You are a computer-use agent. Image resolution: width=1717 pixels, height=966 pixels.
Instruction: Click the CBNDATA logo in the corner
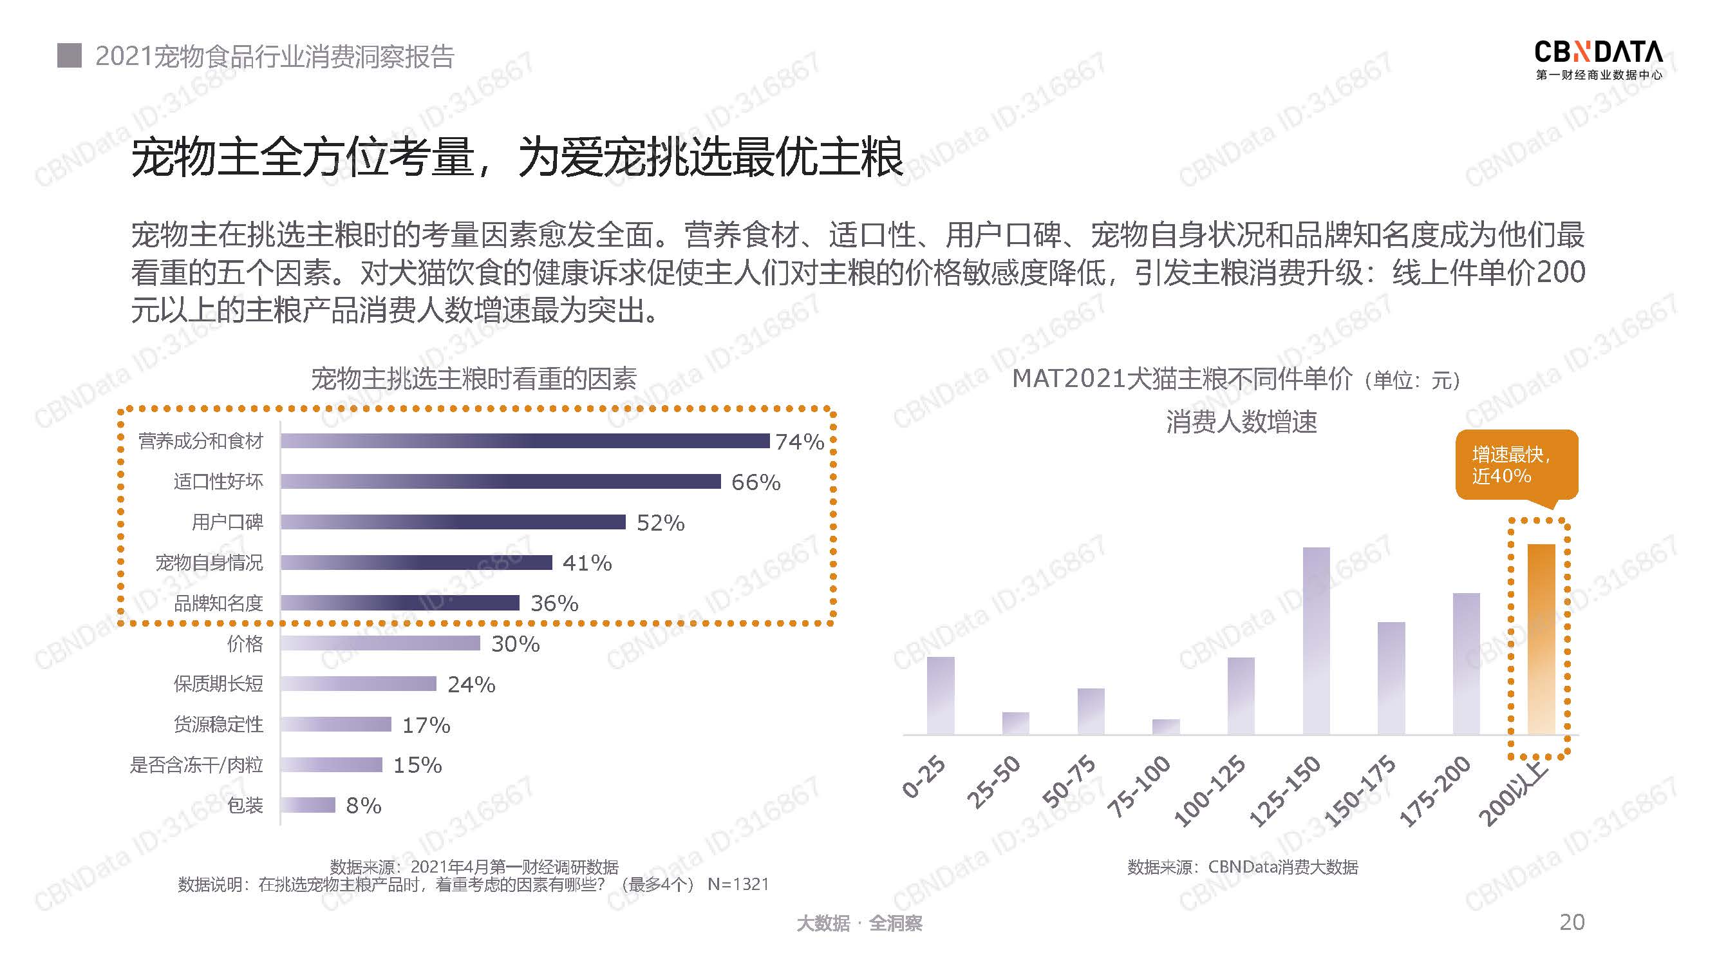[1599, 60]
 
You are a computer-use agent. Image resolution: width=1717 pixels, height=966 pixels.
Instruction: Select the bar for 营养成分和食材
[525, 440]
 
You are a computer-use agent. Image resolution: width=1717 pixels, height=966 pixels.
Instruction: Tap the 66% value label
[755, 482]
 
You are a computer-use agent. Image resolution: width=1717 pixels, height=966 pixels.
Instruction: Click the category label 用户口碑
[227, 522]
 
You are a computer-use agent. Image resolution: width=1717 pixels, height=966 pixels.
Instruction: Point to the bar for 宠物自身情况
[416, 563]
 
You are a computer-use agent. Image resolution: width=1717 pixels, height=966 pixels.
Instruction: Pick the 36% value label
[554, 603]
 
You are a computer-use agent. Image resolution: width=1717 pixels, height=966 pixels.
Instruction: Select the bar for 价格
[380, 643]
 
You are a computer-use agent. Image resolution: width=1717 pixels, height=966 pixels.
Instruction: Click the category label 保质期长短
[218, 684]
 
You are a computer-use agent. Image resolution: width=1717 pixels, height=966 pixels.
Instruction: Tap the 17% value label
[426, 725]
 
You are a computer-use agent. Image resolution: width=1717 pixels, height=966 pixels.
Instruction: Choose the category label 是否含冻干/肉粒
[196, 764]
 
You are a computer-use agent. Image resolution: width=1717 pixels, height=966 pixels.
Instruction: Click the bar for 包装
[307, 806]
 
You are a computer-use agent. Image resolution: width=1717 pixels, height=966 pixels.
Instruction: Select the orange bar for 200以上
[1541, 639]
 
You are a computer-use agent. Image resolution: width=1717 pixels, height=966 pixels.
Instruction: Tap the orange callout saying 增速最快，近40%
[1515, 466]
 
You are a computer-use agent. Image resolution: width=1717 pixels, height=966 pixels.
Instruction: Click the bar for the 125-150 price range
[1316, 641]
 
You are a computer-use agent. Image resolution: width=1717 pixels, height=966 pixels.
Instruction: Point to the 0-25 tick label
[924, 777]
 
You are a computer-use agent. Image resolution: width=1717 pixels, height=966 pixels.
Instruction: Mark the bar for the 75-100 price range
[1166, 726]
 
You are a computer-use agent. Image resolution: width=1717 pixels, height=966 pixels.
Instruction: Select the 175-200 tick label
[1434, 792]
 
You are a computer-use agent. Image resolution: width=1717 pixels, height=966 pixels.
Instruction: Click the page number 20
[1572, 922]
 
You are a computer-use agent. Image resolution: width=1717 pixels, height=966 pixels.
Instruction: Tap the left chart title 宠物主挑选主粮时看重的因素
[474, 379]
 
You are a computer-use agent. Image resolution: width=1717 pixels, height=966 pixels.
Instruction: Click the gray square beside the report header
[70, 56]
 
